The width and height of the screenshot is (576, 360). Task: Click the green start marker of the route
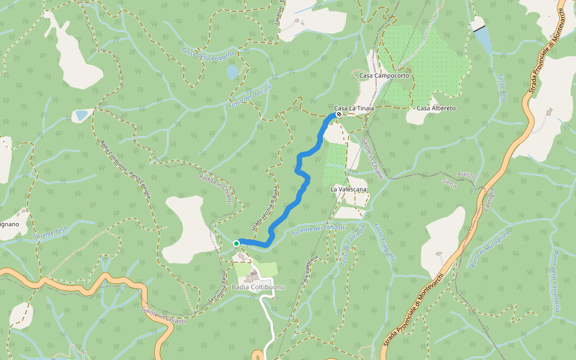click(x=237, y=243)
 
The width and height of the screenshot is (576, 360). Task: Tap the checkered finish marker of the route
click(x=339, y=114)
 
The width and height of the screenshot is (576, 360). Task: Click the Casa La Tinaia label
click(x=354, y=108)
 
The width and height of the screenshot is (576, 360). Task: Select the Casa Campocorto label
click(x=384, y=76)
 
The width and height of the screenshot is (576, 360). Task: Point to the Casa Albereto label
click(x=436, y=108)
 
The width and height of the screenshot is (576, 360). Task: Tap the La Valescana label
click(x=349, y=189)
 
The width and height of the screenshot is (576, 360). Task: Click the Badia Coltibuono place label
click(x=258, y=287)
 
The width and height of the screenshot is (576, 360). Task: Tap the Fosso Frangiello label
click(x=385, y=242)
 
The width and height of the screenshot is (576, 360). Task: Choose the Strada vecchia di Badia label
click(x=265, y=209)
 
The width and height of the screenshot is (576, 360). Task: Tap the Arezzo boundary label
click(x=466, y=176)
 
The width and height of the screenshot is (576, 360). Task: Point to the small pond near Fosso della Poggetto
click(x=232, y=72)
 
